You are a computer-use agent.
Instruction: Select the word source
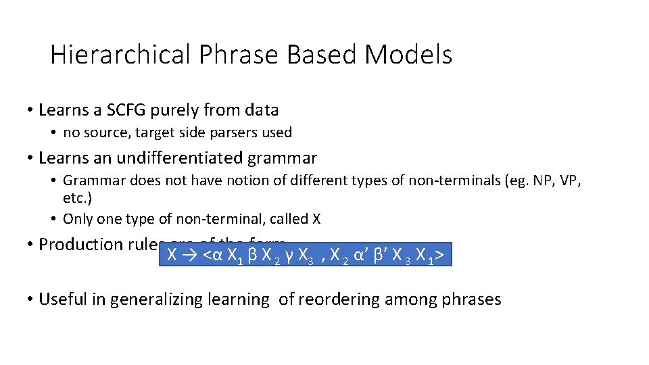(x=103, y=132)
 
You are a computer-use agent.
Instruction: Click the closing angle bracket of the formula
(x=440, y=255)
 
